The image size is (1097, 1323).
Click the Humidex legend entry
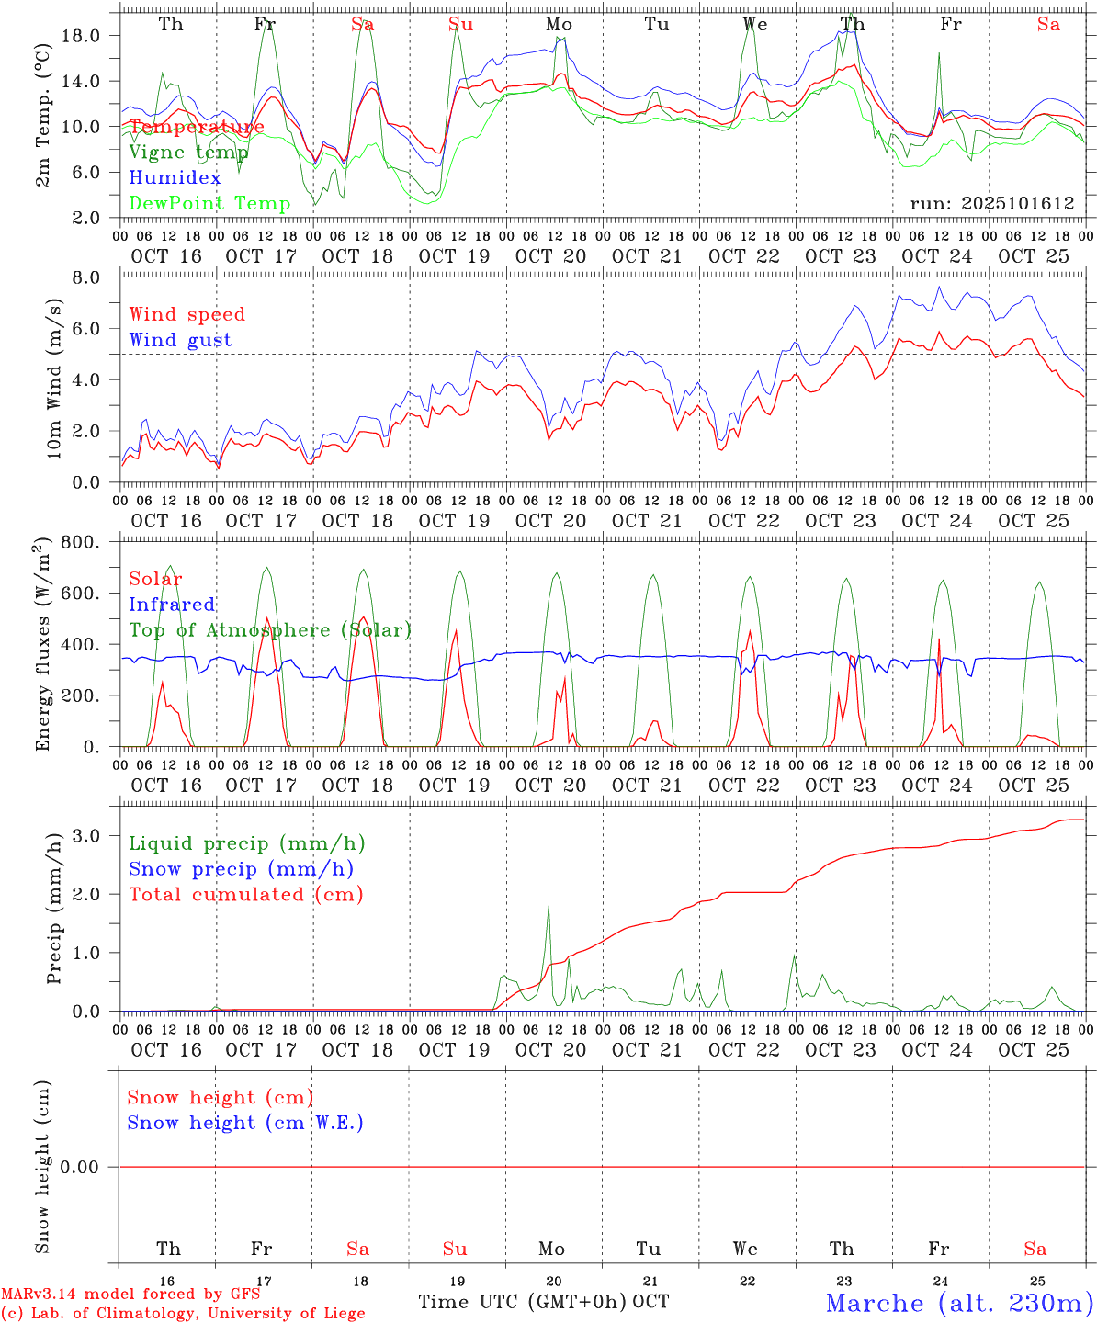coord(175,178)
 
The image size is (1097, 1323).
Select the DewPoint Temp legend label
coord(209,204)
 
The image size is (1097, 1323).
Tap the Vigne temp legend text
coord(188,153)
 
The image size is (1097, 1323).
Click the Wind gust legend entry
coord(180,340)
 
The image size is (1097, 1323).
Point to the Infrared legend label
coord(172,605)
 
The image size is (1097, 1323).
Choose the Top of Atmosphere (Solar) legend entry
coord(269,630)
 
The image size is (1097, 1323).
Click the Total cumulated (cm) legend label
coord(245,895)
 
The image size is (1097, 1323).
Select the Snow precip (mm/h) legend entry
coord(241,869)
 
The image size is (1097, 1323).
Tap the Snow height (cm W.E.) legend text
coord(244,1123)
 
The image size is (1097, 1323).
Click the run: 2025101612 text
coord(991,204)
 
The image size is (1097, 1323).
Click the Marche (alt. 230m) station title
coord(958,1303)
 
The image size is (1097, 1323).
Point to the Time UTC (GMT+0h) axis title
coord(523,1302)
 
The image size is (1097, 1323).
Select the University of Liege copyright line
coord(183,1313)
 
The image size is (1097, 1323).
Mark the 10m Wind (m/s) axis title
coord(54,379)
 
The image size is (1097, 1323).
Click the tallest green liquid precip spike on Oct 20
coord(548,908)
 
